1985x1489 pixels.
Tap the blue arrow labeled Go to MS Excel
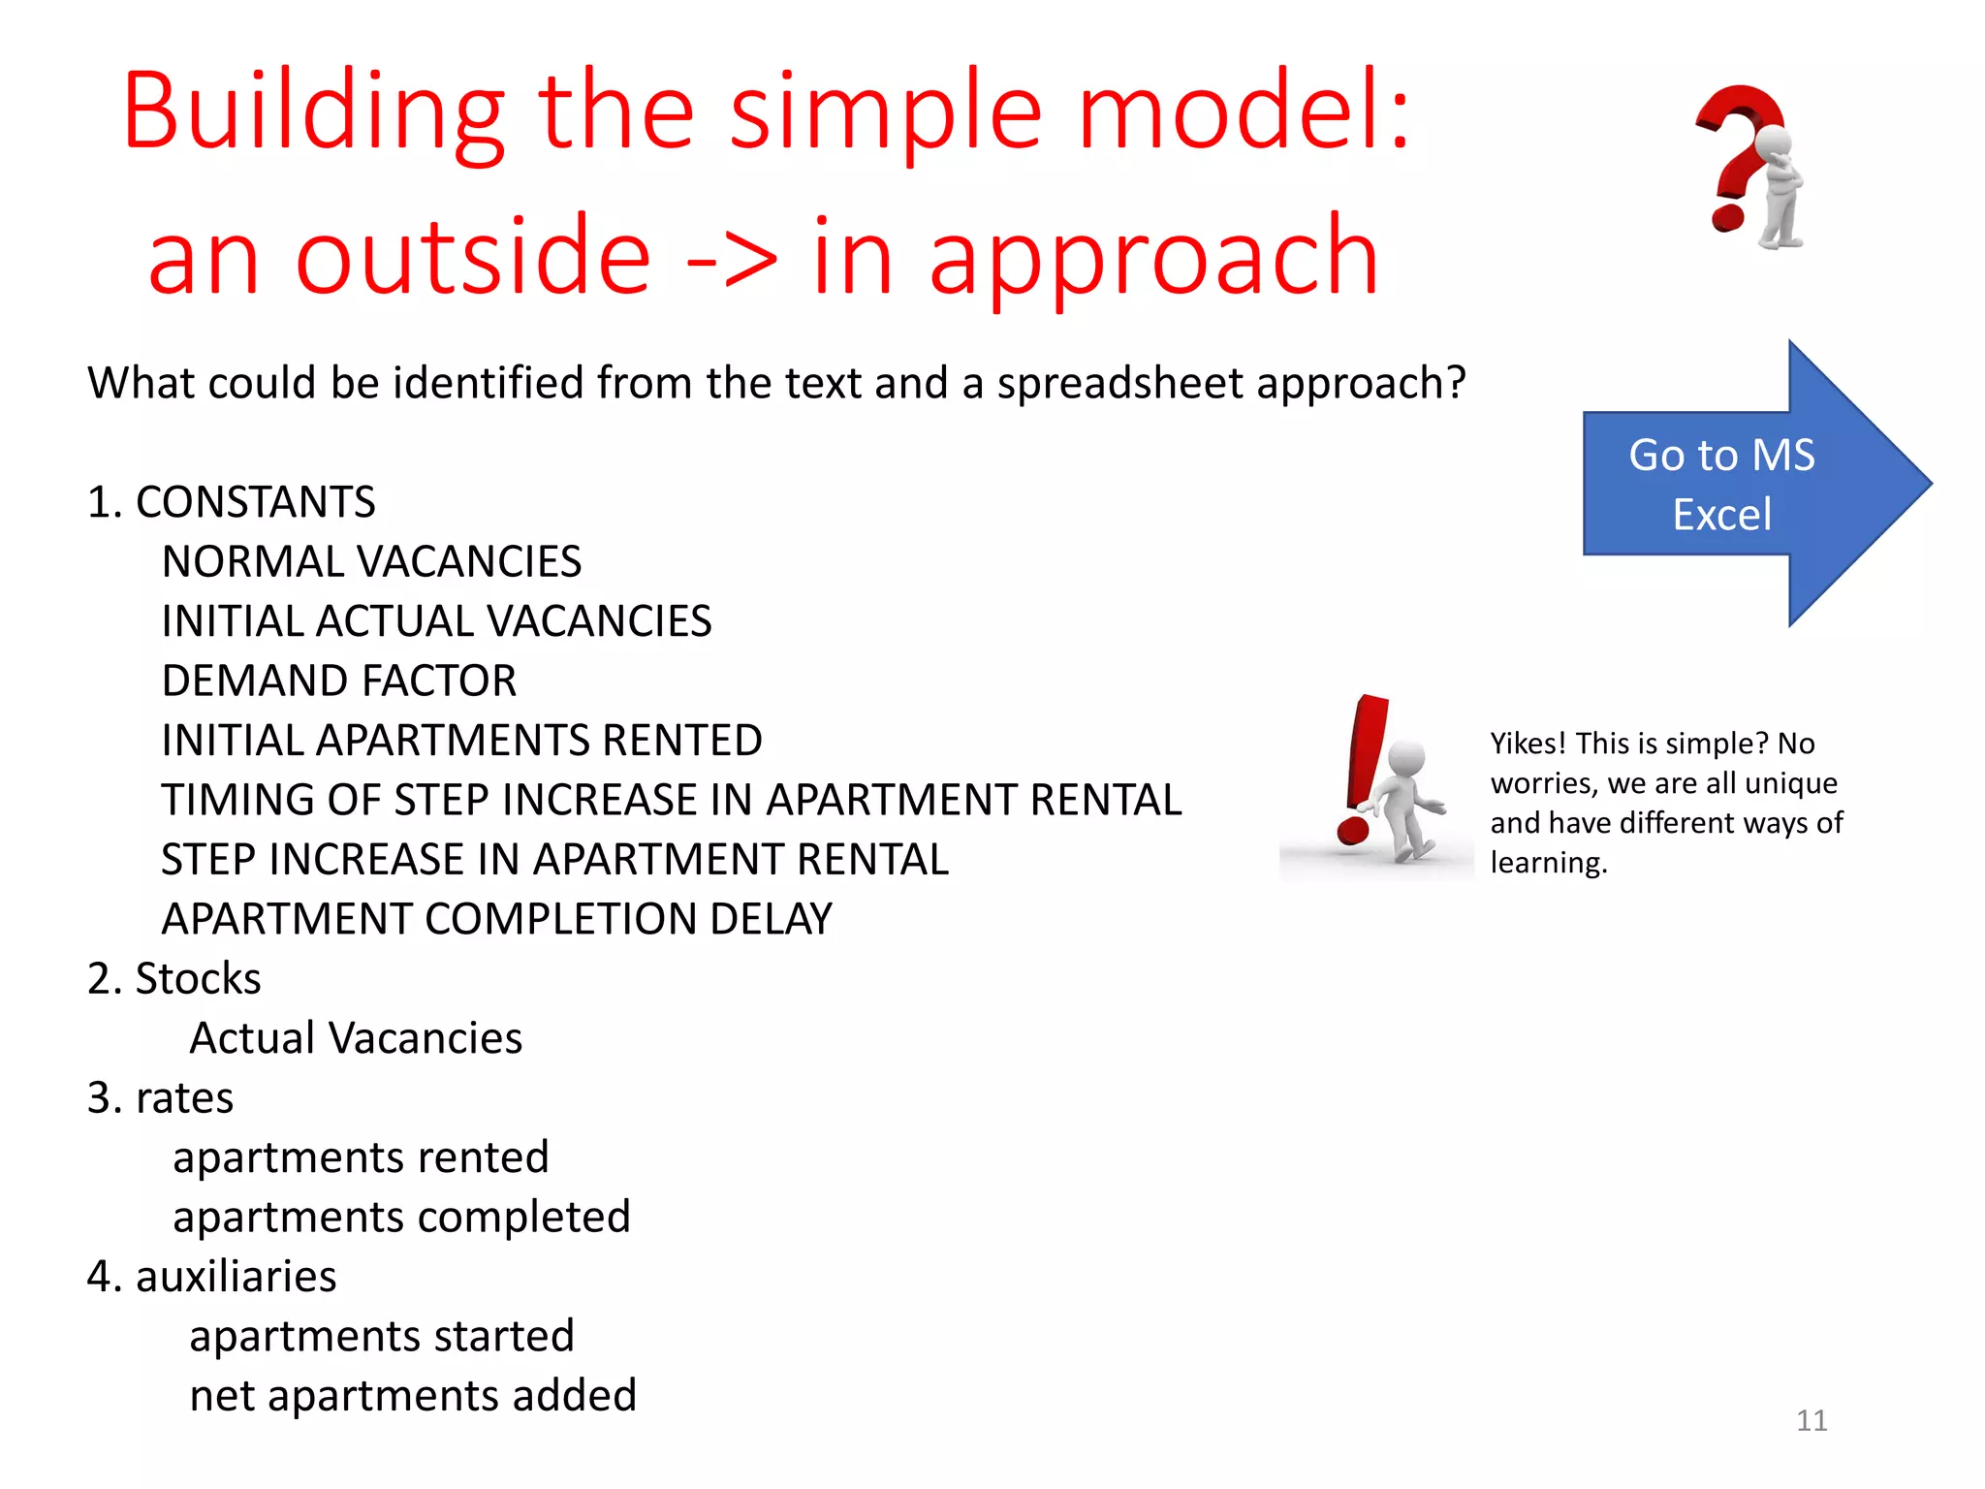pos(1735,484)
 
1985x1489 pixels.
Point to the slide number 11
pos(1811,1420)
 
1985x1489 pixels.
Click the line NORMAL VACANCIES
pos(371,562)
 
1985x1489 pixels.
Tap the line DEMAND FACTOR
pos(338,681)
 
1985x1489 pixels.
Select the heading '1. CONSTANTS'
pos(231,502)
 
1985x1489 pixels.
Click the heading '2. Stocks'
pos(173,979)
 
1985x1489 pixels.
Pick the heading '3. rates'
pos(160,1098)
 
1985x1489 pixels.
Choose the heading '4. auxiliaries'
pos(211,1277)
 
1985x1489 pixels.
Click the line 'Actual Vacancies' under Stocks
pos(356,1038)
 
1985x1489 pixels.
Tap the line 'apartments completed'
pos(401,1218)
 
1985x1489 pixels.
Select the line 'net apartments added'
pos(413,1396)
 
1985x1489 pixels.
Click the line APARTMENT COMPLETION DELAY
pos(496,919)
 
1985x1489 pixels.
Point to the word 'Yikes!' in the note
pos(1528,744)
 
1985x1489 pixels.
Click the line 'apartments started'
pos(382,1337)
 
